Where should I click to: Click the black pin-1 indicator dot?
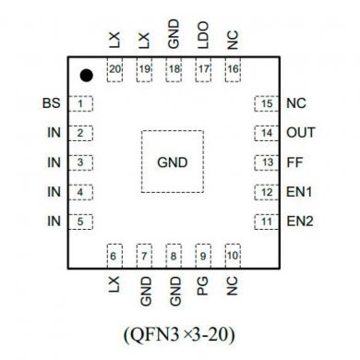pos(86,75)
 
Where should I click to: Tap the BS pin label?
pos(52,103)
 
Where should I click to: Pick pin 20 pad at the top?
pos(115,69)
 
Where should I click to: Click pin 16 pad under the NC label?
pos(232,69)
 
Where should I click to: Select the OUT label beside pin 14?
pos(301,133)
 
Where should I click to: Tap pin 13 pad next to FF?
pos(266,162)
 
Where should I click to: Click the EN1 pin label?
pos(301,192)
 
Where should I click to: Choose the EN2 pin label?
pos(301,222)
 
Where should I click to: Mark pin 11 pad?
pos(266,222)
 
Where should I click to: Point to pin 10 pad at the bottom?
pos(232,256)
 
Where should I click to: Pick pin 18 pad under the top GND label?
pos(174,69)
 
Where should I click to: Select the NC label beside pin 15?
pos(296,103)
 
